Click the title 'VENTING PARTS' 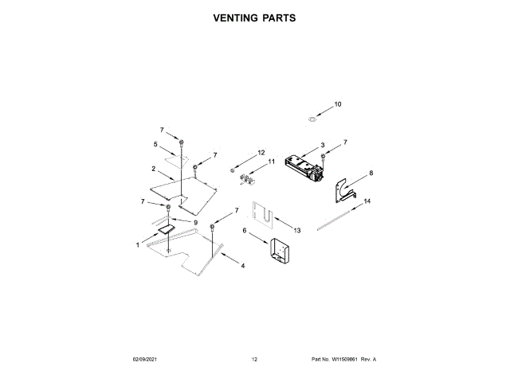click(254, 17)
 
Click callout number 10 click(337, 104)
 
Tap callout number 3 click(322, 145)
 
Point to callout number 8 click(371, 173)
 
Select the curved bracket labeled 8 click(346, 187)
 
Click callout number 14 click(367, 202)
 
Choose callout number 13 click(297, 229)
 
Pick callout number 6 click(245, 231)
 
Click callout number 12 click(261, 152)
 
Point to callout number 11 click(271, 162)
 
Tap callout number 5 click(155, 144)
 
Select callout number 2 click(152, 169)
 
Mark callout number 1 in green click(136, 245)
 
